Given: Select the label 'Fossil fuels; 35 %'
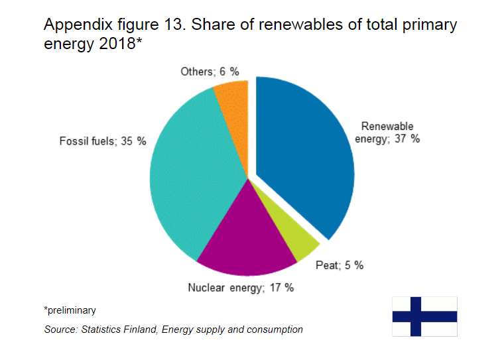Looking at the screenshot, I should click(x=103, y=141).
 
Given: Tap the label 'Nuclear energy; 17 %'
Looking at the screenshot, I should click(x=241, y=288).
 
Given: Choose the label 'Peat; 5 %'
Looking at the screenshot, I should click(x=340, y=265).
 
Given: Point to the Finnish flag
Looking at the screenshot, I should click(x=424, y=316).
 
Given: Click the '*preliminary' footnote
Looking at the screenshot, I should click(x=70, y=310).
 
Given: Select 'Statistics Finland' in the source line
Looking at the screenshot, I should click(x=119, y=330).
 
